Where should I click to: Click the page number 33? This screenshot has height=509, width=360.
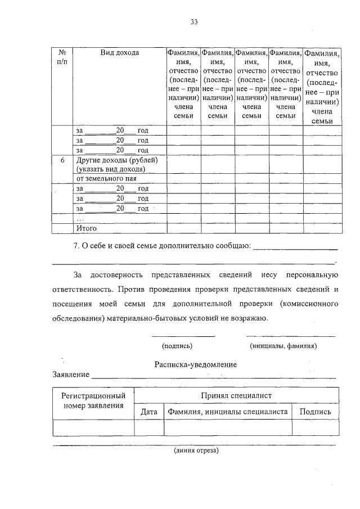coord(194,22)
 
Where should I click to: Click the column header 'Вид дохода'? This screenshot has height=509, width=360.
coord(120,53)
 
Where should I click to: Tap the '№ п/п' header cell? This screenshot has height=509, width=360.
coord(62,57)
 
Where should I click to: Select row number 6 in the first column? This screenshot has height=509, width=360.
coord(62,160)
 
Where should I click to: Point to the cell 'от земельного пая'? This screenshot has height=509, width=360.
coord(106,178)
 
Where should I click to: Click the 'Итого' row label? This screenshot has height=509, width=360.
coord(87,228)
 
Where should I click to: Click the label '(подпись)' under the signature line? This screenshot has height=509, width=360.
coord(177,346)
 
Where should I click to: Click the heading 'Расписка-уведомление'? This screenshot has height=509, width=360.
coord(196,364)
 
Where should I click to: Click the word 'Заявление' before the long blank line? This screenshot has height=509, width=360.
coord(71,375)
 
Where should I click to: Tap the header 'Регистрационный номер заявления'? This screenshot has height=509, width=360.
coord(93,401)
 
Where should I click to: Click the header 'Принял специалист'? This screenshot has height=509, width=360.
coord(236,396)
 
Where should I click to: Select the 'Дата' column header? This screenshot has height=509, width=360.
coord(149,412)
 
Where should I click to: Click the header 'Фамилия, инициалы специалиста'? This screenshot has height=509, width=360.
coord(227,412)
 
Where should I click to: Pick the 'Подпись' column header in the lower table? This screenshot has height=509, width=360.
coord(315,412)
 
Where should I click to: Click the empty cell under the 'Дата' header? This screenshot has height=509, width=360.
coord(149,428)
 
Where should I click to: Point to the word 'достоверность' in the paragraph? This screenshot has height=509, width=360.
coord(117,275)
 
